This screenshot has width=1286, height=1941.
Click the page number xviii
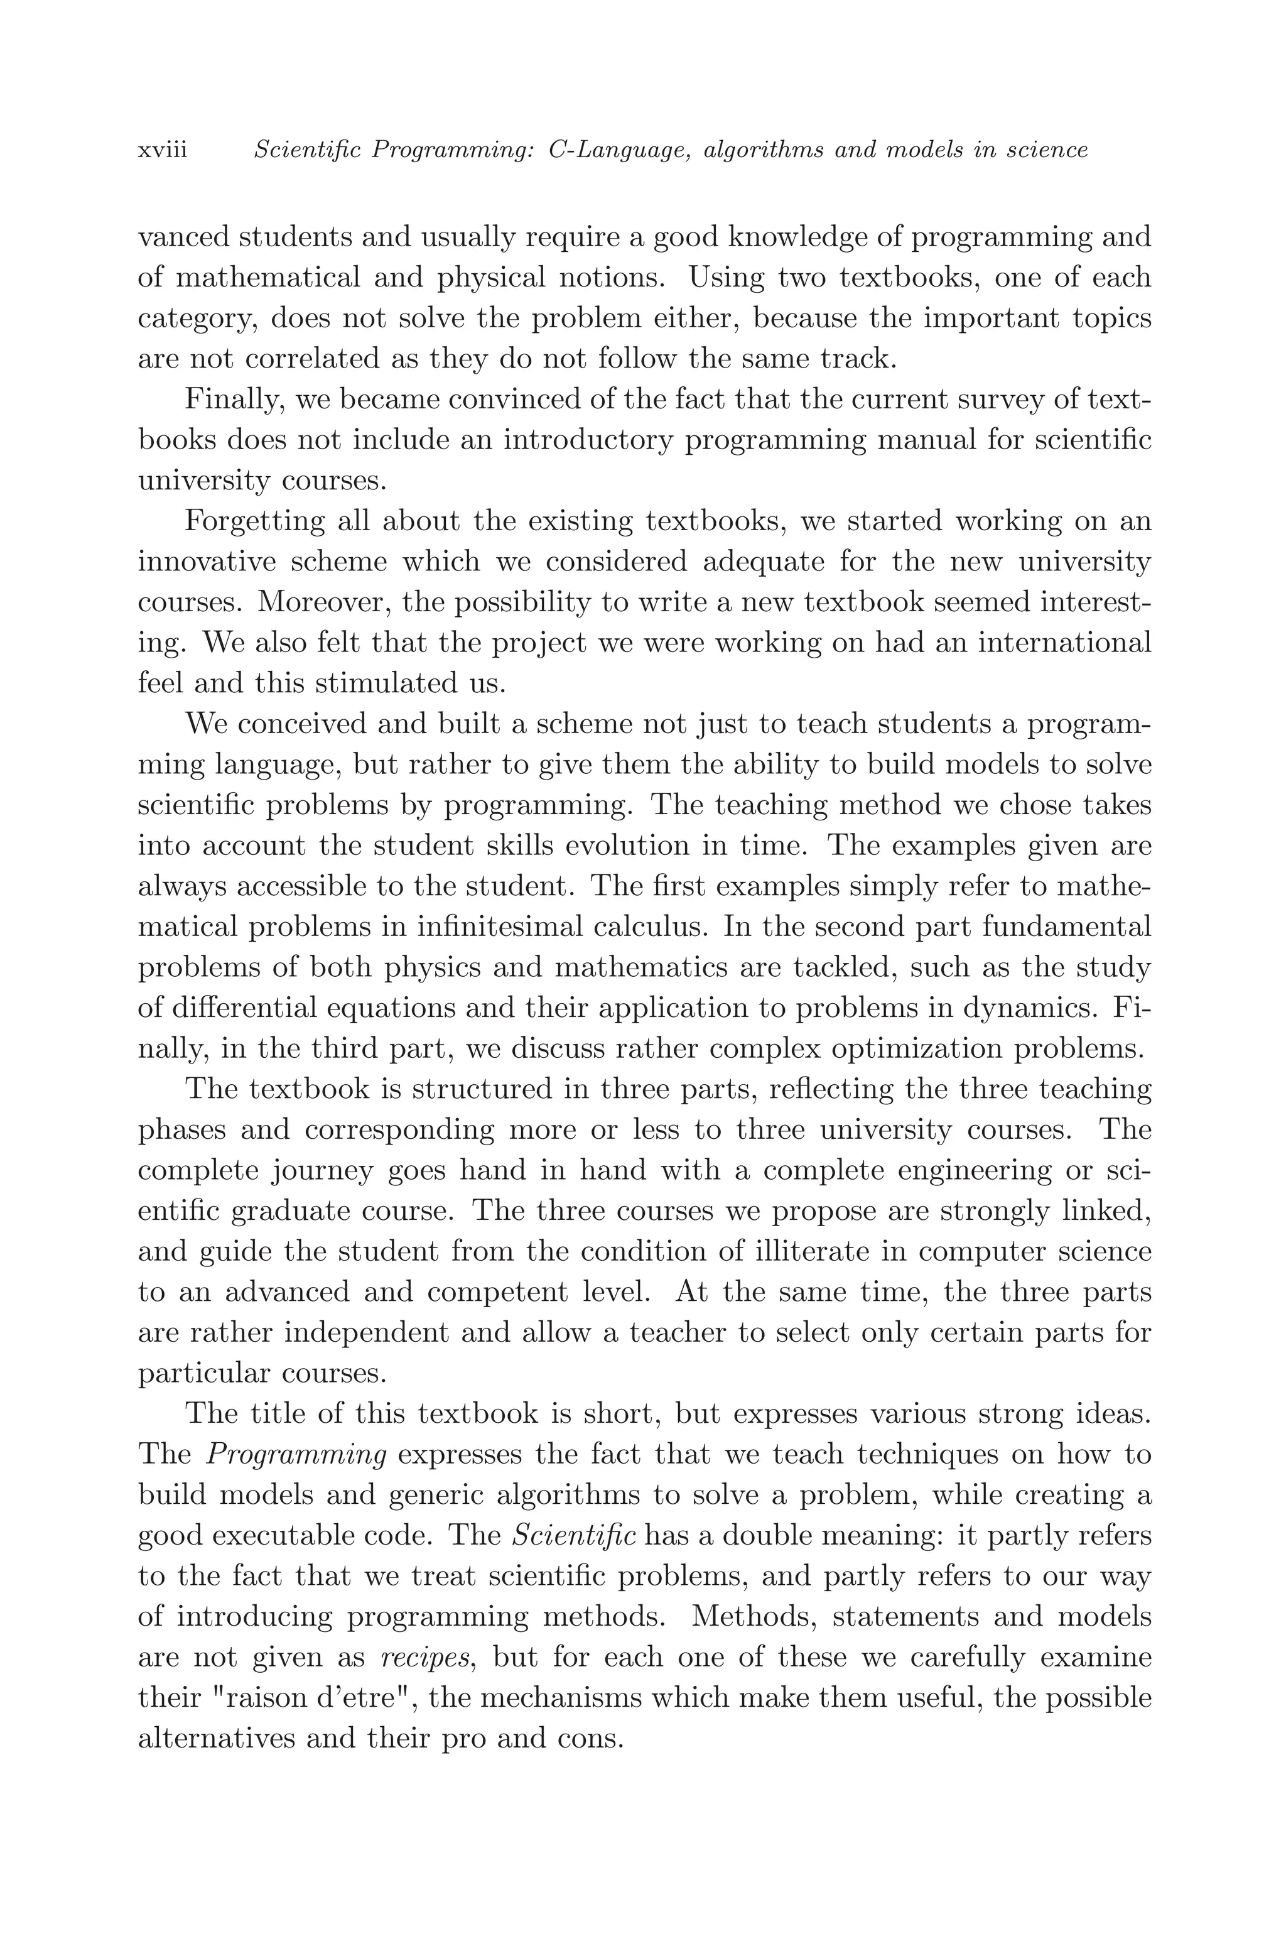point(163,151)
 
